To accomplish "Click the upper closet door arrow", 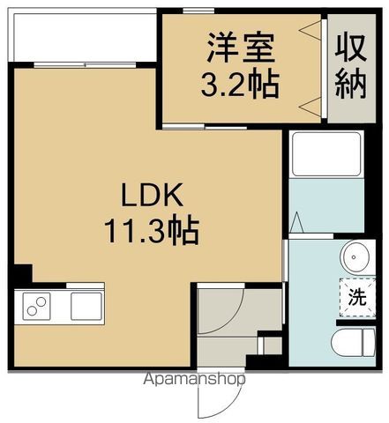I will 310,33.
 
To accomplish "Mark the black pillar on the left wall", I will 24,275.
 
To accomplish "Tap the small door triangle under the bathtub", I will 297,221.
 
